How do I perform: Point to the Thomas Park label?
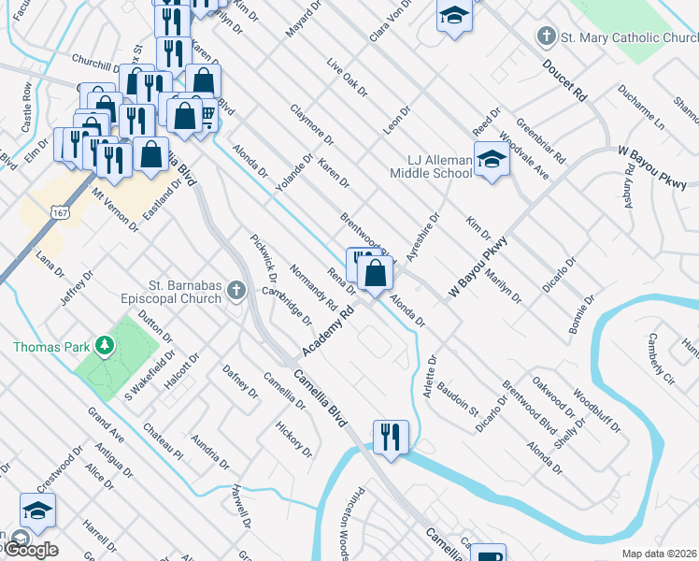[50, 347]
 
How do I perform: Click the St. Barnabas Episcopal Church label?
[174, 293]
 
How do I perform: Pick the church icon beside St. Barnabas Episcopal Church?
[236, 294]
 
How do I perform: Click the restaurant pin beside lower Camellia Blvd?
[390, 436]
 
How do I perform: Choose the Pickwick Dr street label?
[264, 258]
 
